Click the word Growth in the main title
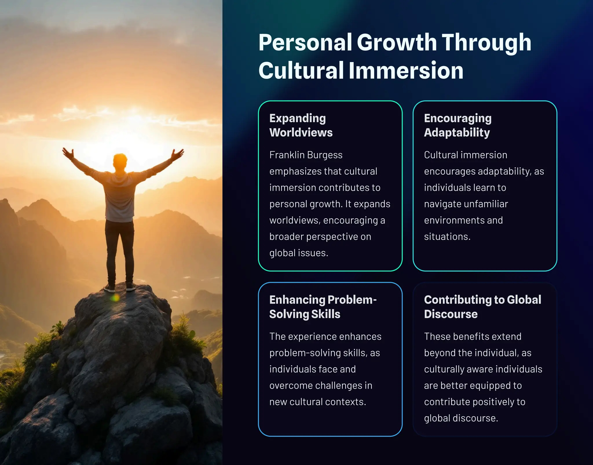click(x=397, y=43)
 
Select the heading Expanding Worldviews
click(x=301, y=125)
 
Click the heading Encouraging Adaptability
click(x=458, y=125)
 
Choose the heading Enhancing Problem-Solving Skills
click(x=323, y=307)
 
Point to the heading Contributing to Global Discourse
click(x=482, y=307)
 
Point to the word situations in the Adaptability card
click(x=447, y=237)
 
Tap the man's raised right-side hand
click(x=177, y=154)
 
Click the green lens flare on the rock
click(x=115, y=297)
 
